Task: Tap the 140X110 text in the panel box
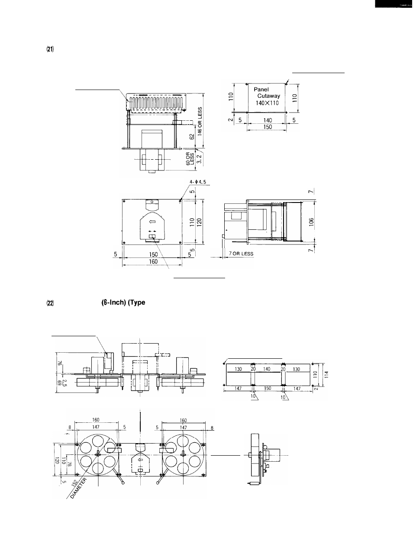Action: click(x=267, y=103)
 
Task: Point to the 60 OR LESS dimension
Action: click(x=190, y=158)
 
